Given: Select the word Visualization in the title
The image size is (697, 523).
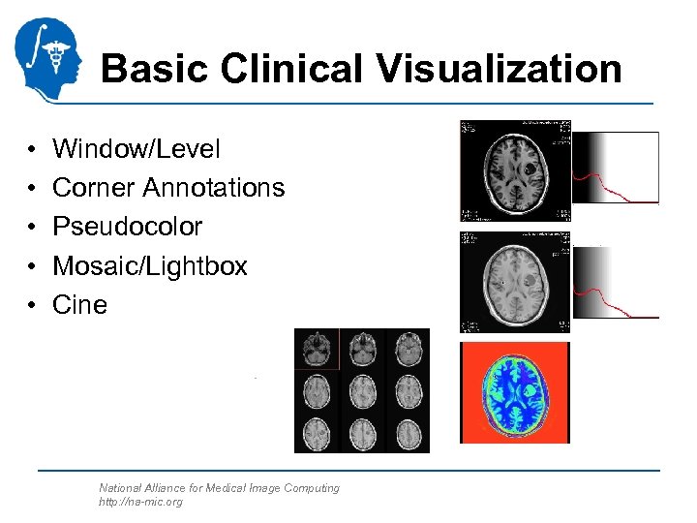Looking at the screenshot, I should tap(494, 69).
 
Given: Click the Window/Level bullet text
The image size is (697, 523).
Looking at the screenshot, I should tap(136, 149).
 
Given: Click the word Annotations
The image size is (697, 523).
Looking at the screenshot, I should tap(216, 188).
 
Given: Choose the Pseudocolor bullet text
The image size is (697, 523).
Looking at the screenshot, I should tap(127, 227).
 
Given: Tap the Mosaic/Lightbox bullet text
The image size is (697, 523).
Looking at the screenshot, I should tap(150, 265).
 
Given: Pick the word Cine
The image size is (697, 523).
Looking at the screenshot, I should tap(79, 304).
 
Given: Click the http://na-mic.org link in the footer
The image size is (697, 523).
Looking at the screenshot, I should tap(140, 502).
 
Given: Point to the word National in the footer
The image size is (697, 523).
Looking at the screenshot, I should tap(121, 488).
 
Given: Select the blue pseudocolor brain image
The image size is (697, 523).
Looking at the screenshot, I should tap(515, 392).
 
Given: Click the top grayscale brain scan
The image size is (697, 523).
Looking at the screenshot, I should tap(515, 170).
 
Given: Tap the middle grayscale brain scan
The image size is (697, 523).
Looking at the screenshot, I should tap(515, 282).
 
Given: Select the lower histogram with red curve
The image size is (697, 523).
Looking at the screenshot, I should tap(616, 282).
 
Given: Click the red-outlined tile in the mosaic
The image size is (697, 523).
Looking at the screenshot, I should tap(317, 349).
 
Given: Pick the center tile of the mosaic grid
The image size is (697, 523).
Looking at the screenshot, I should tap(362, 391).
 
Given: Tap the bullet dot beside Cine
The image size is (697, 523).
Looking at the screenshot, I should tap(33, 305).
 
